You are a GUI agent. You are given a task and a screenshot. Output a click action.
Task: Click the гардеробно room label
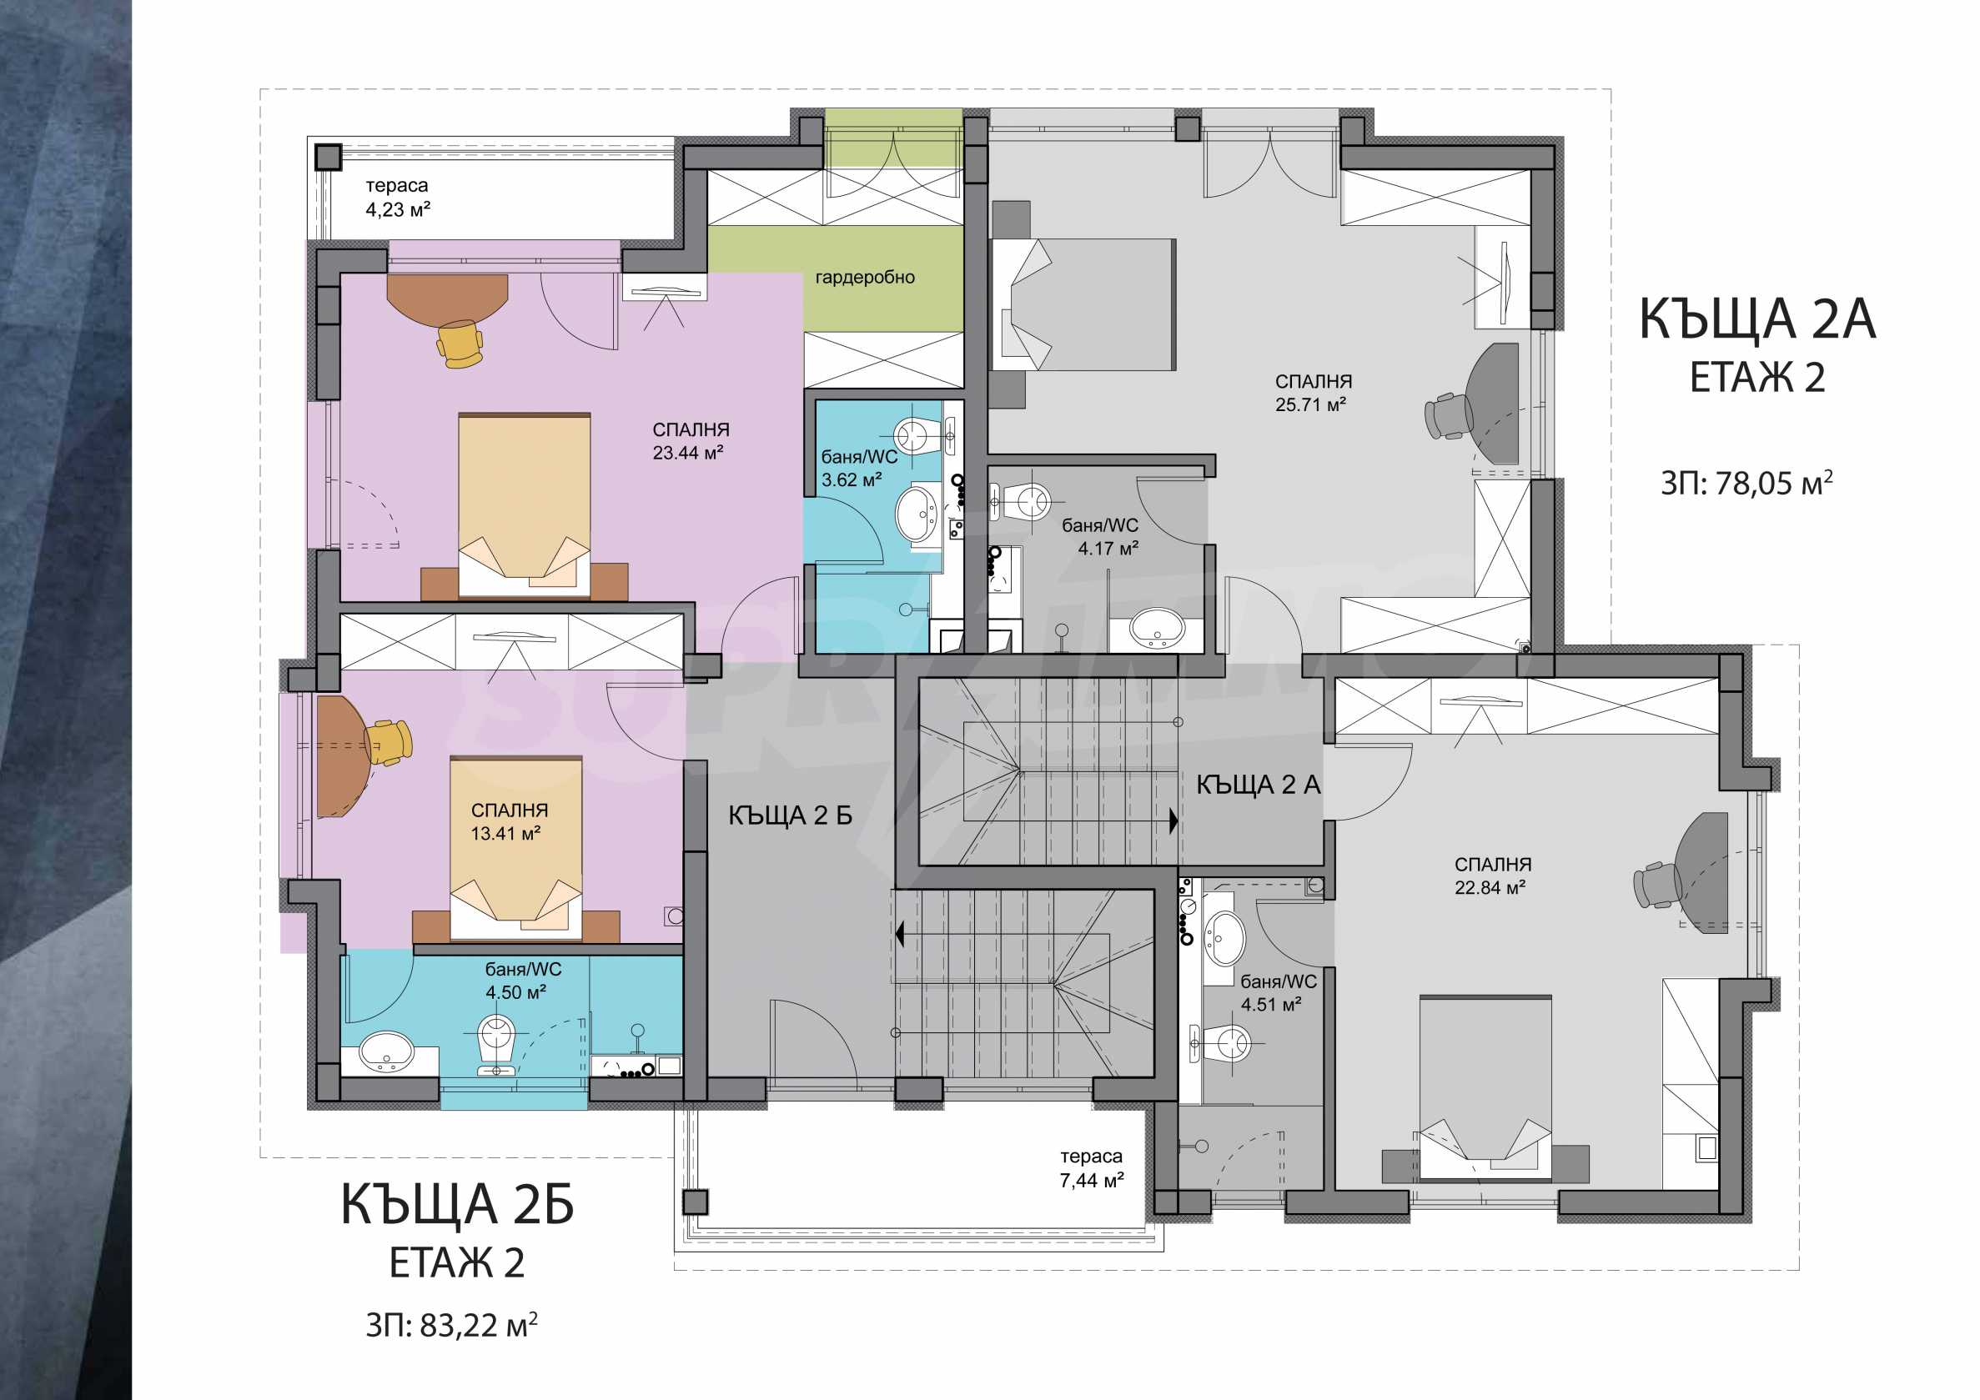865,278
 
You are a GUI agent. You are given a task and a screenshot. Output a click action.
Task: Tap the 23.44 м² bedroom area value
687,453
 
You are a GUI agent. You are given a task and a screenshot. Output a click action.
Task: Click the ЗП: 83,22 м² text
452,1325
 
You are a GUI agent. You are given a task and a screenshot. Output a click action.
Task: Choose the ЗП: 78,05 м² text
1747,483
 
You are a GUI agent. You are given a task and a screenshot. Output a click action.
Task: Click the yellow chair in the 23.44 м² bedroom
460,343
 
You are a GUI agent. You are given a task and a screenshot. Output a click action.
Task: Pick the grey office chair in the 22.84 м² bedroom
1657,885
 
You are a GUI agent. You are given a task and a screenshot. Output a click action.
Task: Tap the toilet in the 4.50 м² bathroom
496,1044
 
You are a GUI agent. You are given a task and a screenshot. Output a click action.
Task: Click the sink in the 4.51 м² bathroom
1224,939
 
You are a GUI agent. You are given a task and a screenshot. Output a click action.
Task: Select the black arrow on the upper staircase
1173,821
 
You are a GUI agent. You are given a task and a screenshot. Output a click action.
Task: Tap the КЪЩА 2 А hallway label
1259,785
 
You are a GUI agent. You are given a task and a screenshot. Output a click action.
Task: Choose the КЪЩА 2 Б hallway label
790,815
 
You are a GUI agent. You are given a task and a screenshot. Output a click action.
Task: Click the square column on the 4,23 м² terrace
328,157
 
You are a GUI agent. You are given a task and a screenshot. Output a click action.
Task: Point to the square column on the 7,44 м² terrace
694,1202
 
